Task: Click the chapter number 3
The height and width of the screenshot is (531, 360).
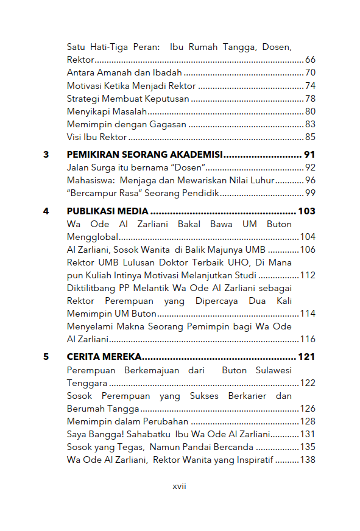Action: click(46, 155)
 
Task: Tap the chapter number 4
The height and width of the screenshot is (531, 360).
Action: click(46, 211)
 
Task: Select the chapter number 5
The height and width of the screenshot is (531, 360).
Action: click(46, 357)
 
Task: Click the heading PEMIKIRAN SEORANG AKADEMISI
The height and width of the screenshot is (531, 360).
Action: click(144, 155)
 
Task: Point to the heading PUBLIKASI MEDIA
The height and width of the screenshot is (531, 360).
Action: click(107, 211)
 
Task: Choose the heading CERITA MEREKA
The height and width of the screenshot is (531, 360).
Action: click(104, 357)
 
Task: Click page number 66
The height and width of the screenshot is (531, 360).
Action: click(310, 60)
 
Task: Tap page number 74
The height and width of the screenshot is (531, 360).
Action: click(310, 86)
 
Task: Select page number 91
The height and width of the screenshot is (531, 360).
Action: click(309, 155)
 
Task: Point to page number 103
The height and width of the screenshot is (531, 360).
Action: click(306, 211)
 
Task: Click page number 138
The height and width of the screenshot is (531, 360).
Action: click(307, 460)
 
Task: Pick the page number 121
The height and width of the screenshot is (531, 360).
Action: click(306, 357)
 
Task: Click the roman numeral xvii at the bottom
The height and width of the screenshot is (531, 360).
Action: click(179, 487)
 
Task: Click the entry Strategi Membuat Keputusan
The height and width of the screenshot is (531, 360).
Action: click(128, 99)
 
